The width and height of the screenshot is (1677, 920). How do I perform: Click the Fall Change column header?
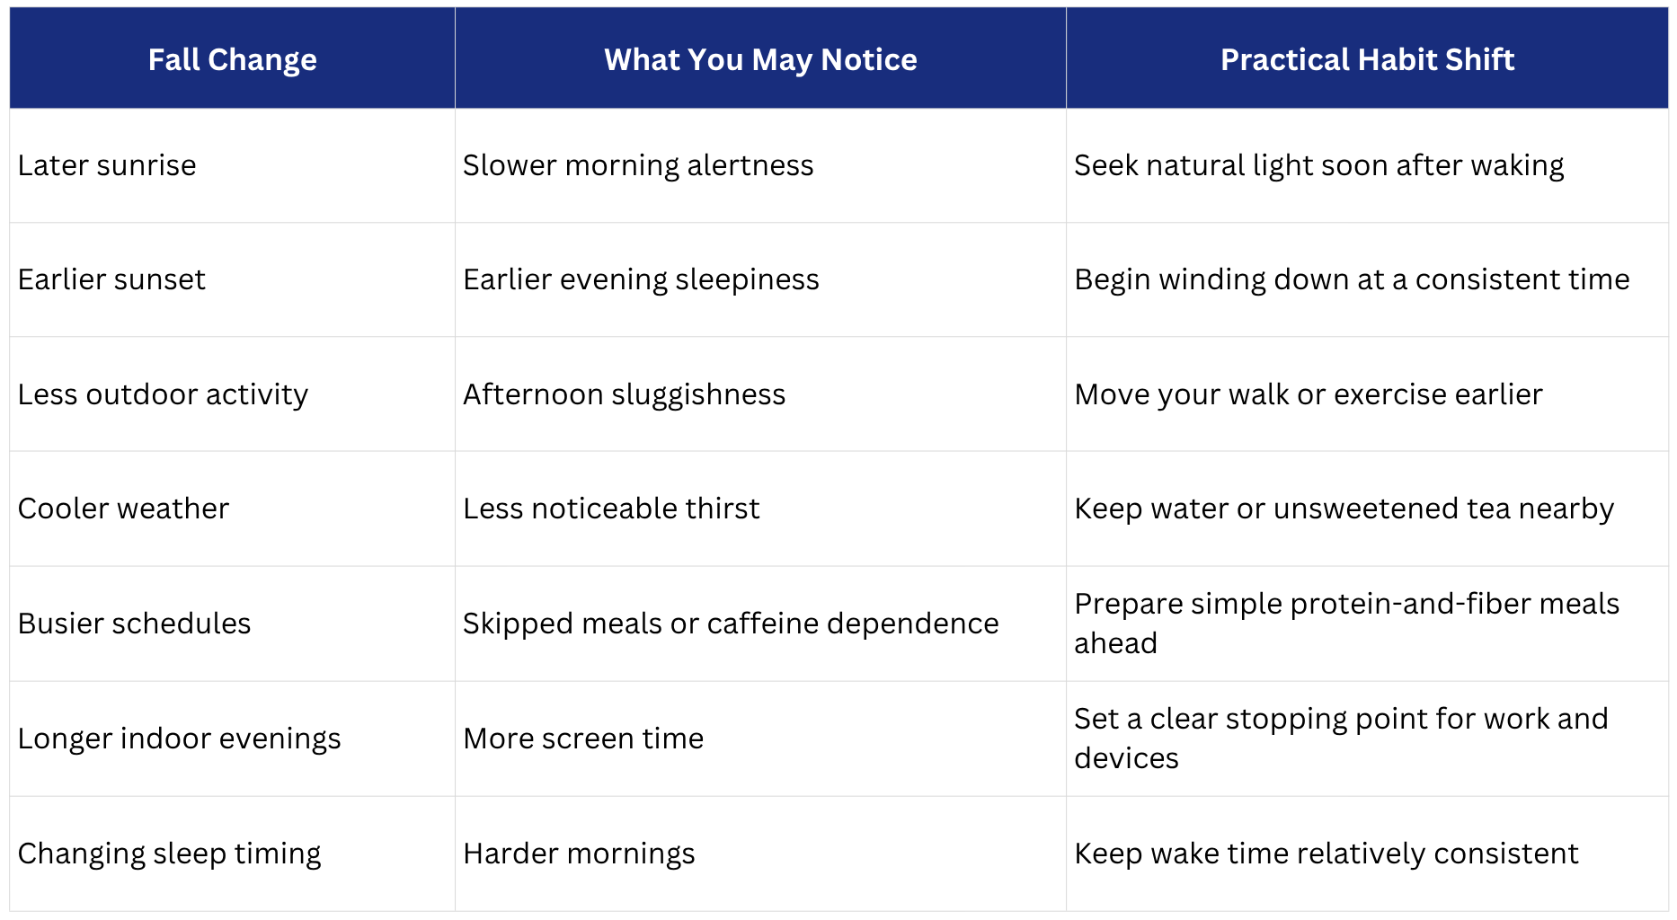pos(232,59)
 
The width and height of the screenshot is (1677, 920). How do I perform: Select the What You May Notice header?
pos(760,59)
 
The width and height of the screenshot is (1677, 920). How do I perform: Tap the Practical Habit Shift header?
pos(1367,59)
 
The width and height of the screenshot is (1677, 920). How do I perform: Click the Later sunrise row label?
pos(107,165)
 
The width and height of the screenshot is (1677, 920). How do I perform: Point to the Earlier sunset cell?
pos(111,279)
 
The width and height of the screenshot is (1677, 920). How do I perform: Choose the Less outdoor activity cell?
pos(163,394)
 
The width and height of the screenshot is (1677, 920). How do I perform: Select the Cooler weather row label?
pos(123,509)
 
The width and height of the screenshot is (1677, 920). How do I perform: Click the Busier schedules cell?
pos(134,624)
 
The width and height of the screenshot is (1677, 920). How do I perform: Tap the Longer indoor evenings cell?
pos(179,739)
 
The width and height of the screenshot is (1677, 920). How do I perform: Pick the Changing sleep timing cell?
pos(169,854)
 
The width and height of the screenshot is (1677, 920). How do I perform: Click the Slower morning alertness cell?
pos(638,165)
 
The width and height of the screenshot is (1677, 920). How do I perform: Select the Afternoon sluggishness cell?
pos(624,394)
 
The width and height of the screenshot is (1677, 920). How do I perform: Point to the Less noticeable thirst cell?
pos(611,509)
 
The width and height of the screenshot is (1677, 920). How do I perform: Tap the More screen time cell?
pos(583,739)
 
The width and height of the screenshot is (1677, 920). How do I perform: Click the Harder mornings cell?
pos(579,854)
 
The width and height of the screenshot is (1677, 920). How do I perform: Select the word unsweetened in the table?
pos(1366,509)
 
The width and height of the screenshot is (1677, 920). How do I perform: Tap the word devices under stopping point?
pos(1126,758)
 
